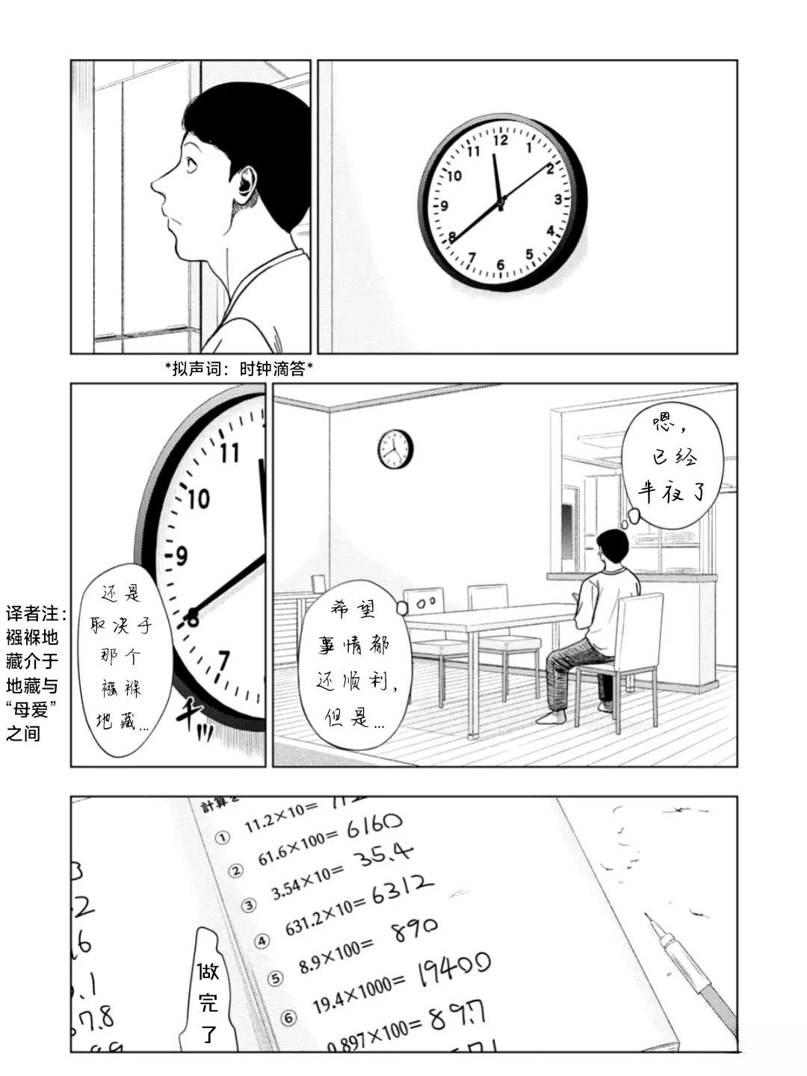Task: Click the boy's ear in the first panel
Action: tap(244, 182)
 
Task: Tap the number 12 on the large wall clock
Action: tap(501, 140)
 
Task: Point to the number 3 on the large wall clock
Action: tap(557, 199)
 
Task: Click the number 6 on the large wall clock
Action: tap(500, 265)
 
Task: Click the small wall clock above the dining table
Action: tap(395, 449)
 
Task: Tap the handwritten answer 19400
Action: tap(453, 969)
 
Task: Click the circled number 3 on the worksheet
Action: tap(250, 906)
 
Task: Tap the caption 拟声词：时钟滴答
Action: tap(239, 368)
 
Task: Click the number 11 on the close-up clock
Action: tap(229, 452)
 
